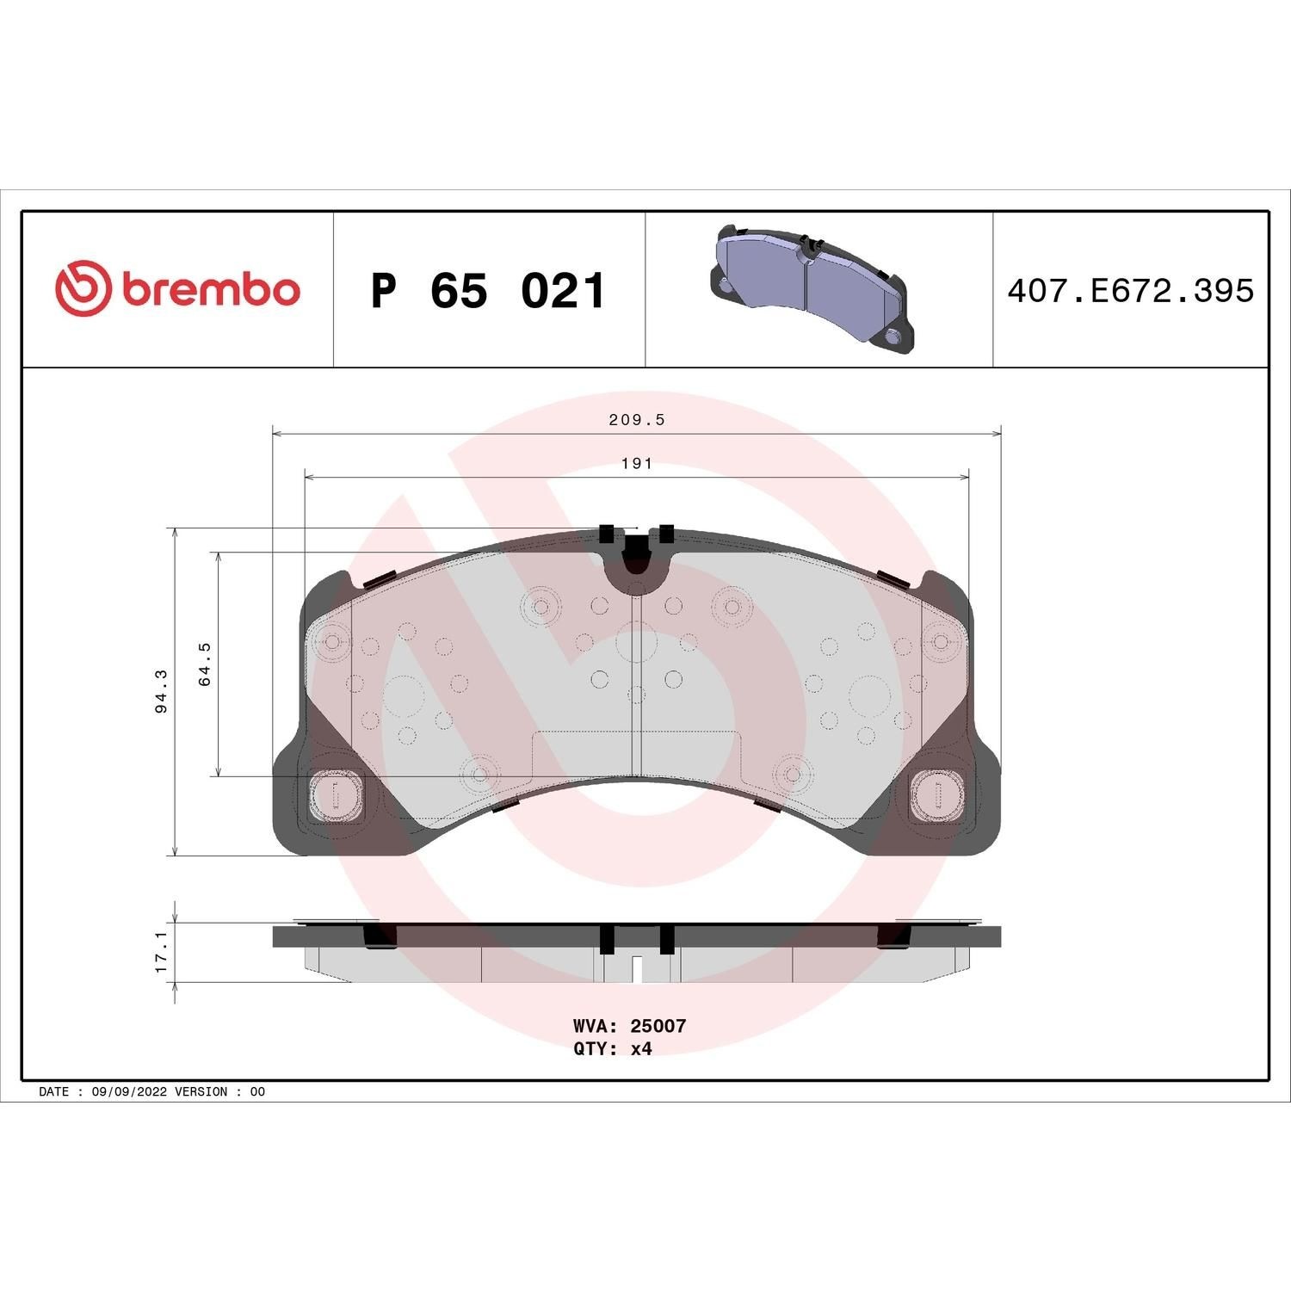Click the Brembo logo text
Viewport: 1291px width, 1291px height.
(211, 289)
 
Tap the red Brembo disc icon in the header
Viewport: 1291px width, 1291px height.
(83, 287)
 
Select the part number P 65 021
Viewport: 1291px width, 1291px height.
(488, 291)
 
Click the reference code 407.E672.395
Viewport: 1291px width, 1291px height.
(1130, 291)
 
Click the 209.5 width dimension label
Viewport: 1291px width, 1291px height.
(637, 420)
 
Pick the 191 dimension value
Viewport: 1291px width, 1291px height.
(637, 464)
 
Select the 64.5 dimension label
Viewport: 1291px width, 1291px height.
(204, 664)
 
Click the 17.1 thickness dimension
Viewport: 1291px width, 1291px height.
(161, 951)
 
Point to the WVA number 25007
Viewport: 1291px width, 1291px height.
(658, 1026)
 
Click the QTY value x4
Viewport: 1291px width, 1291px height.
(641, 1049)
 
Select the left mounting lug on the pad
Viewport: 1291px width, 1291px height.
(337, 794)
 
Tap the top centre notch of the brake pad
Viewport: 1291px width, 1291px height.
(635, 555)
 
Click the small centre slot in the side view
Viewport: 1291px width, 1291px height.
(636, 969)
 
